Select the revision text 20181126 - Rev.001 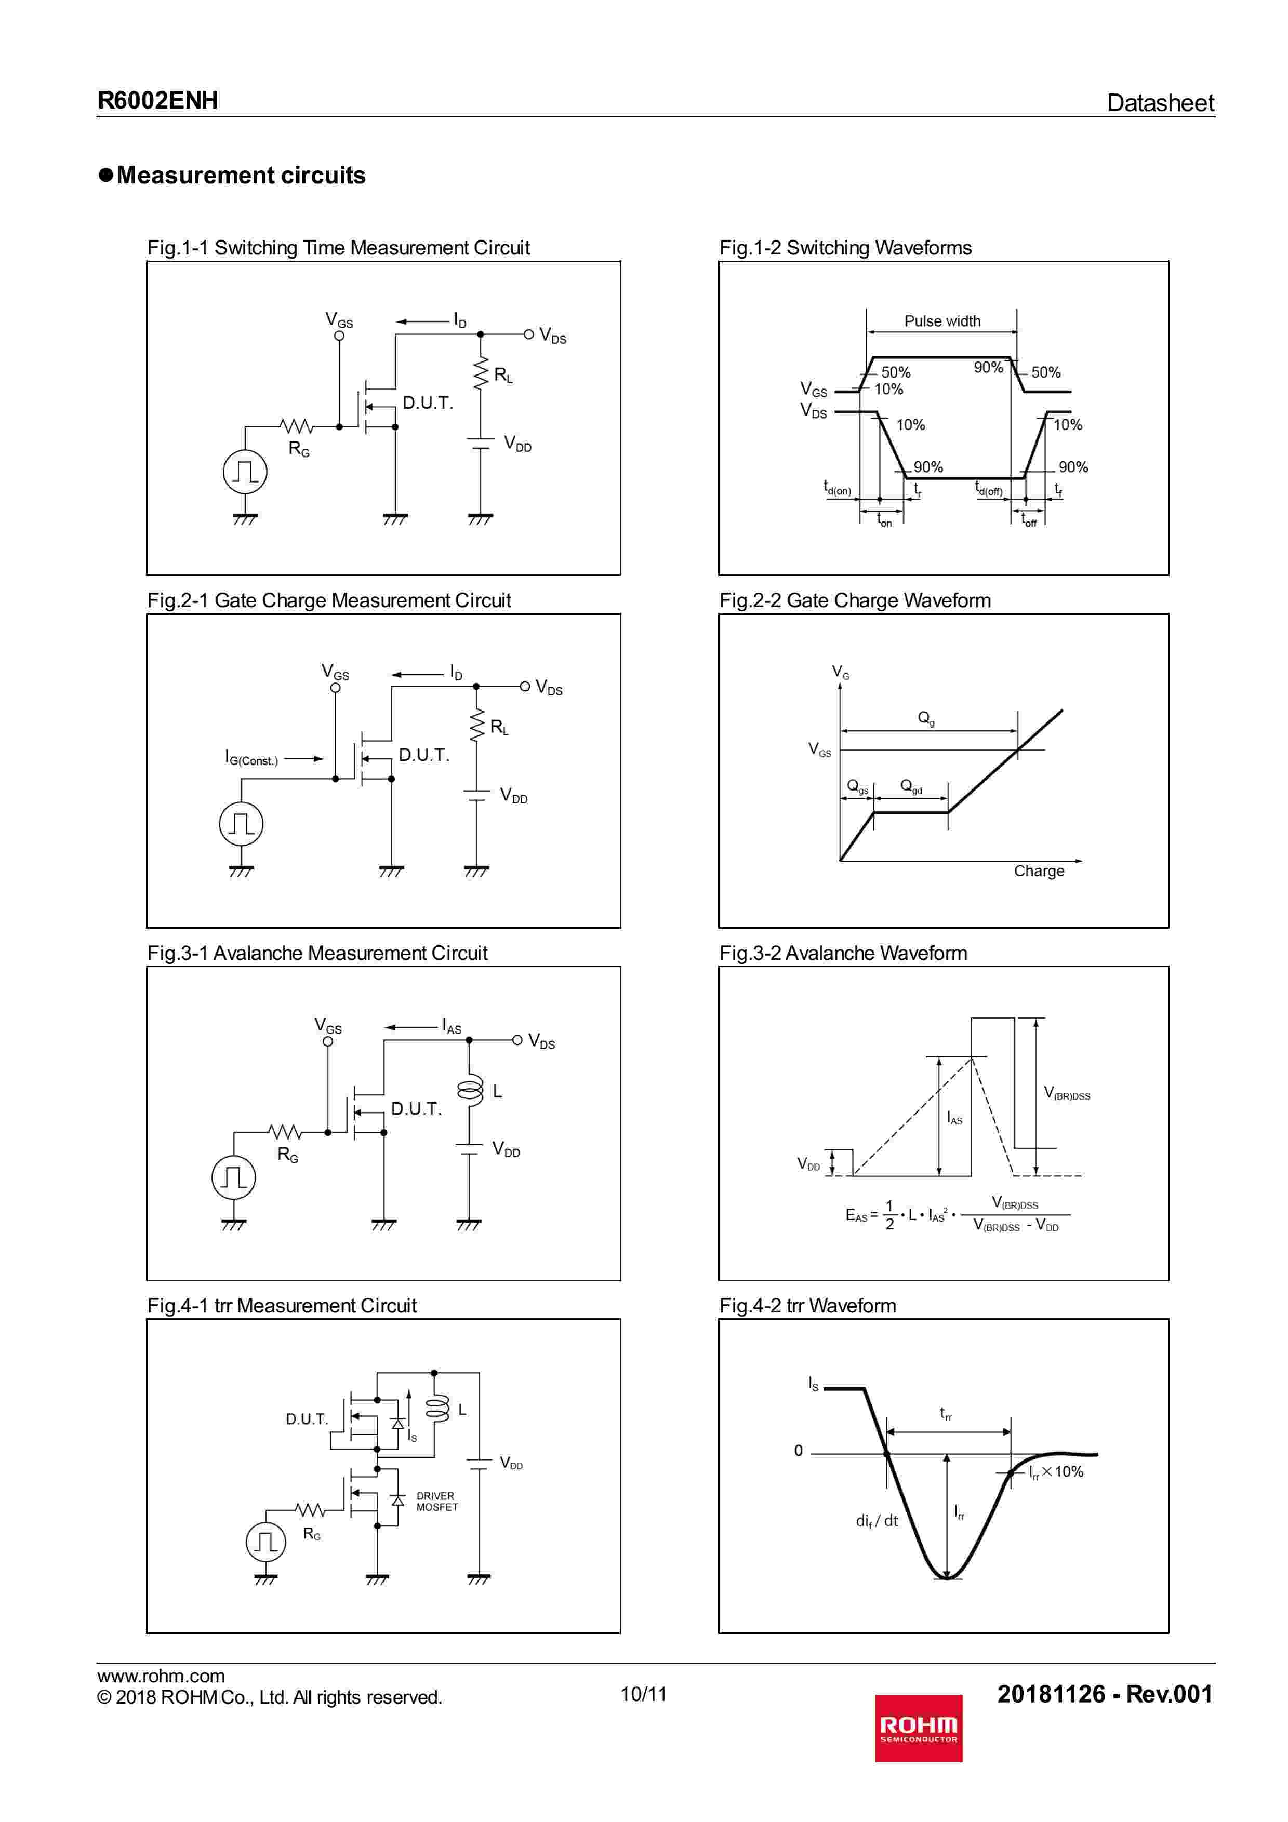point(1105,1693)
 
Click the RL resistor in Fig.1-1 point(480,374)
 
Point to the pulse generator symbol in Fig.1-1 point(244,472)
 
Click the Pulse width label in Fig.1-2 point(942,320)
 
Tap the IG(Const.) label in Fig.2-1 point(251,759)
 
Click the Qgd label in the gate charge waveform point(911,786)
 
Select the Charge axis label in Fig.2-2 point(1039,870)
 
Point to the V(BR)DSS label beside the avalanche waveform point(1067,1093)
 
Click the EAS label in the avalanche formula point(857,1215)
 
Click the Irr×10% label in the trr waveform point(1056,1472)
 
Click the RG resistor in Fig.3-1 point(285,1132)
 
